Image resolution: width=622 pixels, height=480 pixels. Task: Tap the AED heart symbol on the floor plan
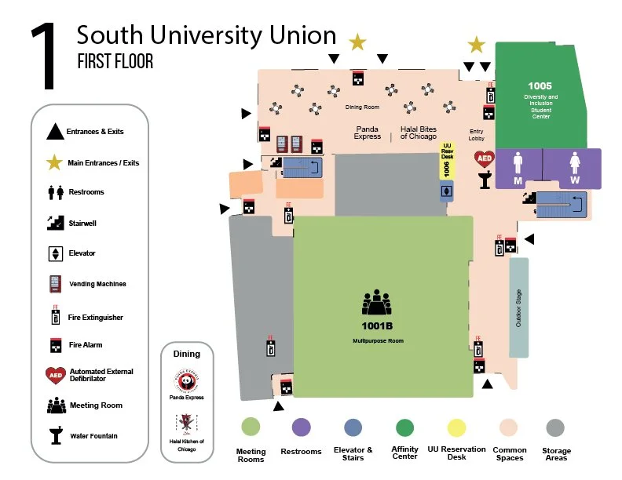(484, 158)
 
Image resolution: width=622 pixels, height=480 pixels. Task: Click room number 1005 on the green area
(540, 85)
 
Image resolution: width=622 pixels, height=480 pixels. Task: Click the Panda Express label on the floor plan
(368, 132)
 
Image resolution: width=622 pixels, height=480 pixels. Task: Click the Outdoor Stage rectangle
(518, 308)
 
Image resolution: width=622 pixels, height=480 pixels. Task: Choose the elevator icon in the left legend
(55, 253)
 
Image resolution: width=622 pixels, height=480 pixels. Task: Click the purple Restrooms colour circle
(301, 427)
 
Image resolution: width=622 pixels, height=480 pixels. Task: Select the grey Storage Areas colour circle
(555, 427)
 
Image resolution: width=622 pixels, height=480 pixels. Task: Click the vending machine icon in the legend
(55, 284)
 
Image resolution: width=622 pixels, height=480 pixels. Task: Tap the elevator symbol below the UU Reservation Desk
(447, 191)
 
